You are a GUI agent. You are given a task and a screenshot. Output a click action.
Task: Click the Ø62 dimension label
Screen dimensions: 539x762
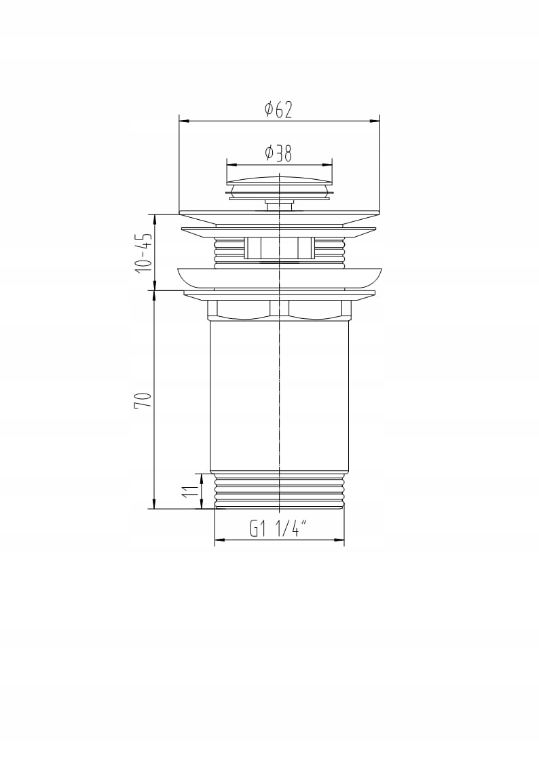coord(278,110)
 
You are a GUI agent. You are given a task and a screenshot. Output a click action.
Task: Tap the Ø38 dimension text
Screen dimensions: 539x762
coord(278,153)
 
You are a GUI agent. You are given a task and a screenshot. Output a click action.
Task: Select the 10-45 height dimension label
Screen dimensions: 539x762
coord(145,252)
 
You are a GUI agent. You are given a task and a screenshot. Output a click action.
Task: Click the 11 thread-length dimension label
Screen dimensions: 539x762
coord(191,491)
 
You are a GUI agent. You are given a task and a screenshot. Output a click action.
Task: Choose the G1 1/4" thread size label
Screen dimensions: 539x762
coord(279,529)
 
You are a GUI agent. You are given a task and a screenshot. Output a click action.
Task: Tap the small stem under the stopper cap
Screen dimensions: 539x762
coord(280,205)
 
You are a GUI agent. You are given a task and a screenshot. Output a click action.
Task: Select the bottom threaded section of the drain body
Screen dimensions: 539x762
coord(280,491)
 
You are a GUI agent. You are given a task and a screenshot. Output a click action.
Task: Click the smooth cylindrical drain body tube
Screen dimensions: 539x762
coord(280,396)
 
